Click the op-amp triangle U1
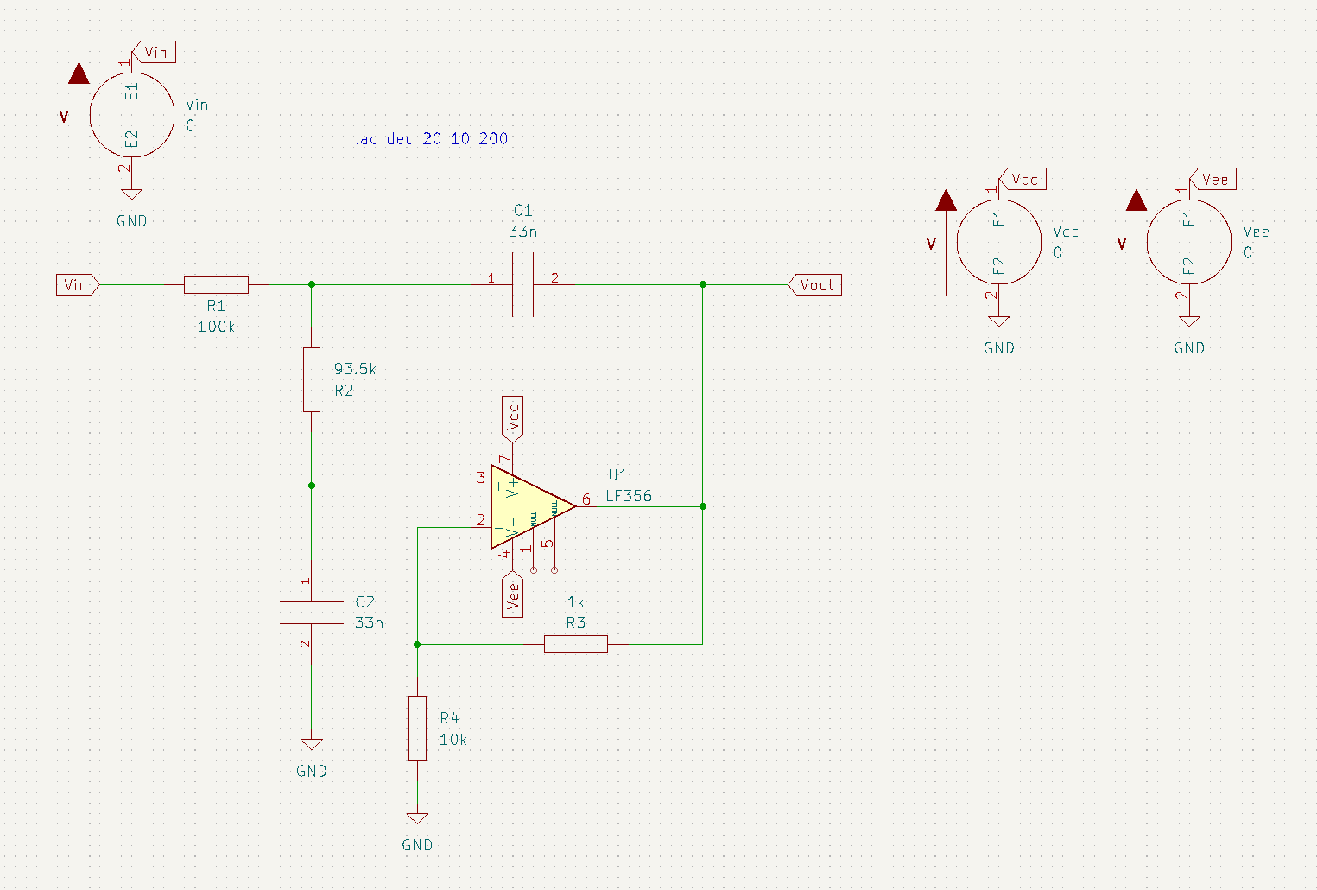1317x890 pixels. pyautogui.click(x=527, y=506)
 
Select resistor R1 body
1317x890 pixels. pyautogui.click(x=216, y=284)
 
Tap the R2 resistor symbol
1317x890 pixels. pyautogui.click(x=312, y=379)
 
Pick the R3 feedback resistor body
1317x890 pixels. pyautogui.click(x=576, y=644)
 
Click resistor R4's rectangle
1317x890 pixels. pyautogui.click(x=417, y=728)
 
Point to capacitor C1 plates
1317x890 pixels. pyautogui.click(x=522, y=284)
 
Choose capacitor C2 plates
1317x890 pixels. pyautogui.click(x=312, y=613)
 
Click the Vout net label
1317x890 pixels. pyautogui.click(x=816, y=285)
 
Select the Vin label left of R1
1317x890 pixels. pyautogui.click(x=76, y=284)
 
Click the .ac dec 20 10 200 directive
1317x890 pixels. pyautogui.click(x=431, y=139)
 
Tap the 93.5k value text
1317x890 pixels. pyautogui.click(x=355, y=369)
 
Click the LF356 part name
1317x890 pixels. pyautogui.click(x=629, y=496)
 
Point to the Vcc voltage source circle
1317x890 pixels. pyautogui.click(x=999, y=242)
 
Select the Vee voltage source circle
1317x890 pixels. pyautogui.click(x=1189, y=242)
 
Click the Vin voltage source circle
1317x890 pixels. pyautogui.click(x=132, y=115)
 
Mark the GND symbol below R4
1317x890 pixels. pyautogui.click(x=417, y=818)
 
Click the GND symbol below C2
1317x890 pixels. pyautogui.click(x=312, y=745)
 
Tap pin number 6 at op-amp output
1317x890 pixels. pyautogui.click(x=586, y=499)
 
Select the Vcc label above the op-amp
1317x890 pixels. pyautogui.click(x=513, y=417)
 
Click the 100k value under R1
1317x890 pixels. pyautogui.click(x=216, y=327)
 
